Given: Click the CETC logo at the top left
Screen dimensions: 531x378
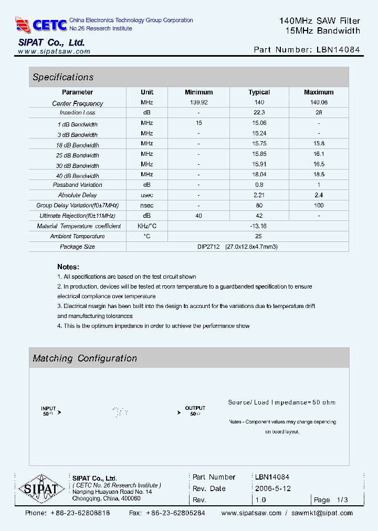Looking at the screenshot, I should (41, 24).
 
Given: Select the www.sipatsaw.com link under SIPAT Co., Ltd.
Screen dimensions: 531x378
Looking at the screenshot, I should (54, 51).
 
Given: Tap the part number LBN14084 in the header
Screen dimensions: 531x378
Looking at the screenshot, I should (338, 50).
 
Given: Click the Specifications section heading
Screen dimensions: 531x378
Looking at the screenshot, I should (63, 77).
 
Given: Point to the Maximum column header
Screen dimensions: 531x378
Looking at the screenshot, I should (319, 92).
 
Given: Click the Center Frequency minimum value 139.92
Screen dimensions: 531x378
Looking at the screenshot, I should (199, 102).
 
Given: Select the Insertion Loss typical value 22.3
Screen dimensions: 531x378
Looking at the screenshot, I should (259, 113).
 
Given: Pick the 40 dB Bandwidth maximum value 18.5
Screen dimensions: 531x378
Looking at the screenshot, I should (319, 174).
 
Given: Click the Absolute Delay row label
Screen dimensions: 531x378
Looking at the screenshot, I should (77, 195).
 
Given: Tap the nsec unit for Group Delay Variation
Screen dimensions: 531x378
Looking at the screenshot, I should (147, 205).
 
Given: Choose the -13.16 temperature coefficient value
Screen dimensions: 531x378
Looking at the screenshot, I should (259, 226).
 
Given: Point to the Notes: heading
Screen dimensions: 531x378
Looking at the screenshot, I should (68, 267).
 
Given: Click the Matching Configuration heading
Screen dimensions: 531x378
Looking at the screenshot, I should (85, 358).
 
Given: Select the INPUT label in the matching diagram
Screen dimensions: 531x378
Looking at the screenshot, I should (49, 408).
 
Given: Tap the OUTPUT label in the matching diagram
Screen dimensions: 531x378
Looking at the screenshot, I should (195, 408).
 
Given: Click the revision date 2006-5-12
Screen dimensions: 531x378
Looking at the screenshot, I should (273, 488).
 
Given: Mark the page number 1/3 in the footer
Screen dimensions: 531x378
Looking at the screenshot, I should (342, 500).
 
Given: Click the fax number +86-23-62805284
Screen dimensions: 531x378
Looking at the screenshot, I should (175, 513).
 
